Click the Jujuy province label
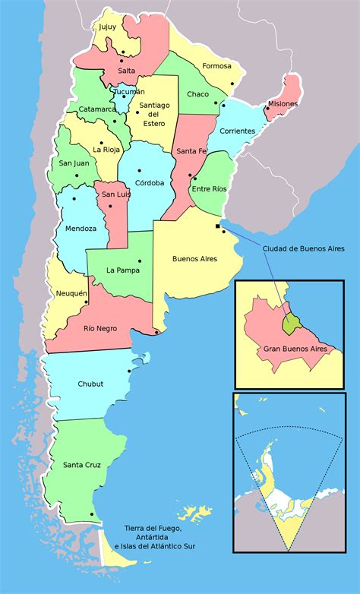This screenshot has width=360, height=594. tap(107, 27)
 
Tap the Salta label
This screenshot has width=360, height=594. tap(127, 71)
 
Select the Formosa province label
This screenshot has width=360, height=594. tap(216, 66)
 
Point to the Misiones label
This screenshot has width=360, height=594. tap(283, 103)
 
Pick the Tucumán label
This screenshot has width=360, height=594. tap(129, 92)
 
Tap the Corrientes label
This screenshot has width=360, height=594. tap(237, 131)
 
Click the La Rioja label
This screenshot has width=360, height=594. tap(106, 149)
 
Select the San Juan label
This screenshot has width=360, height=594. tap(73, 163)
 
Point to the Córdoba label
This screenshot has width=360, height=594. tap(150, 183)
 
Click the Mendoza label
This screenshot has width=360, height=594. tap(81, 229)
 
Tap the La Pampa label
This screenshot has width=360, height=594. tap(123, 270)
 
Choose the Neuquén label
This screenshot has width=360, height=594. tap(71, 293)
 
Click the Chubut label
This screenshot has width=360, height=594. tap(90, 384)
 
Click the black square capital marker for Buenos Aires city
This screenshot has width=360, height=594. tap(218, 226)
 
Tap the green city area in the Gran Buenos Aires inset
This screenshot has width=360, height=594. tap(290, 324)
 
